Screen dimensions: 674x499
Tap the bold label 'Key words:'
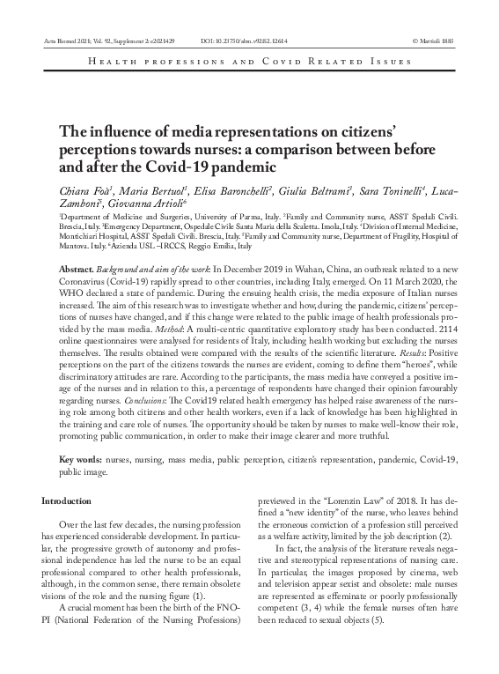[79, 460]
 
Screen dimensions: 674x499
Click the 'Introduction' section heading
[66, 500]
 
